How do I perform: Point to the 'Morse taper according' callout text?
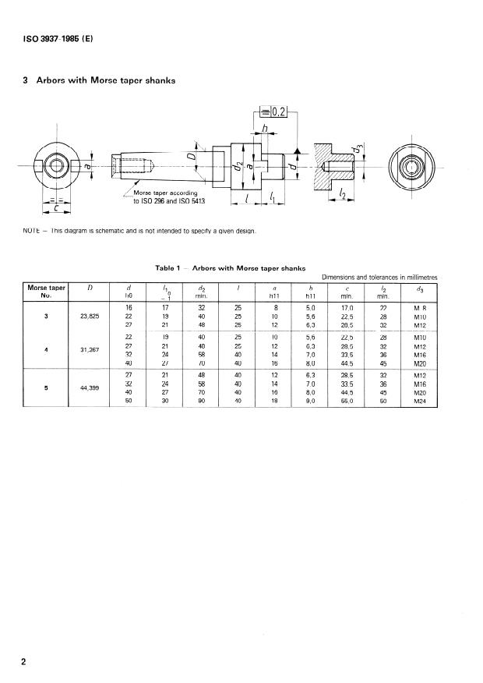point(166,193)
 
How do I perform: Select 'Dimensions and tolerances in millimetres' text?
point(379,276)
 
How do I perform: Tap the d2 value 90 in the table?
point(201,401)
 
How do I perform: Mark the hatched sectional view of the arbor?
point(332,165)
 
